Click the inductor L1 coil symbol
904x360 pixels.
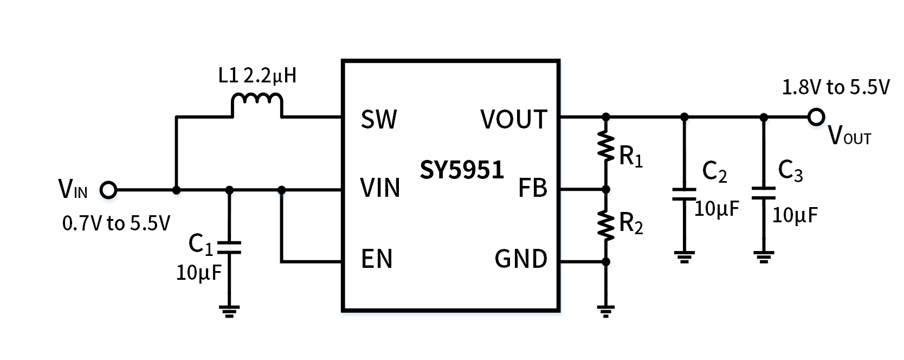257,102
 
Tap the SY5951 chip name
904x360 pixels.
462,170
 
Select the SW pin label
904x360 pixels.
379,120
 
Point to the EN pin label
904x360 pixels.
377,259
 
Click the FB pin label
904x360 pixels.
533,188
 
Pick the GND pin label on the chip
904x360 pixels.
521,259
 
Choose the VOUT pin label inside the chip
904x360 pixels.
514,120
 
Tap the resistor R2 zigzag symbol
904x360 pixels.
606,224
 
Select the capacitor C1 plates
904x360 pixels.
229,248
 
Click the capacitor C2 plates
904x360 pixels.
684,194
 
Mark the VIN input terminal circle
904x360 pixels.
108,190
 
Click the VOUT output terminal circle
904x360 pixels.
816,117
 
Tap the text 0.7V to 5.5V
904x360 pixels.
117,223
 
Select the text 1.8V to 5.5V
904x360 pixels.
836,87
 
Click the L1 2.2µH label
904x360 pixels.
257,76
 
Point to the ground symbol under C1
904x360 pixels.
229,311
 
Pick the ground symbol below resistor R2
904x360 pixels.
606,311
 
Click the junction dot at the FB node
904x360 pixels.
606,189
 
